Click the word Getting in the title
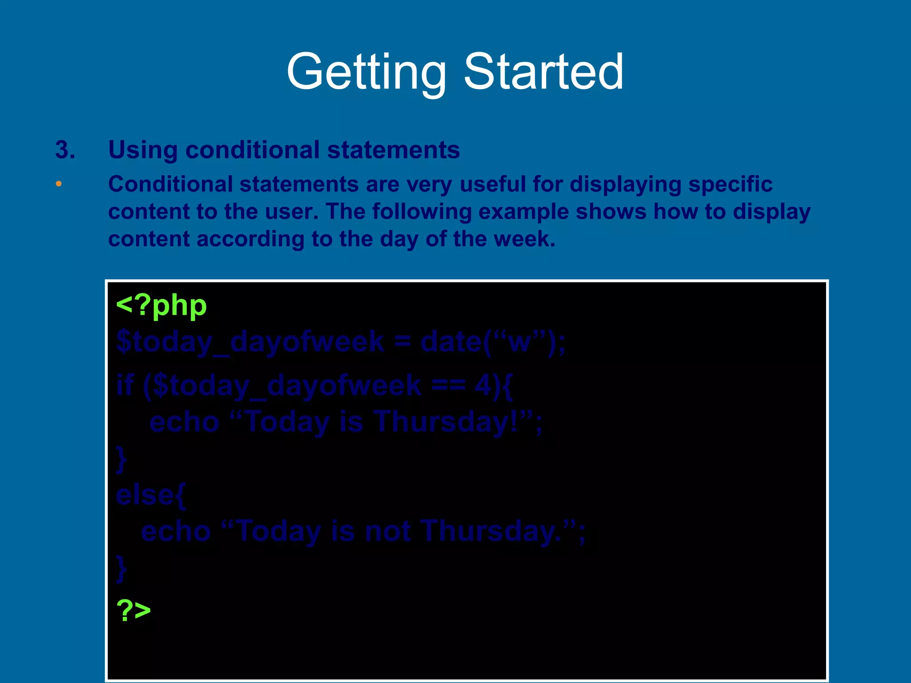(x=366, y=72)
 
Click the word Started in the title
(x=543, y=72)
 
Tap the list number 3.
(x=65, y=150)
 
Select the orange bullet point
(x=59, y=184)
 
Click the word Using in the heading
(x=143, y=150)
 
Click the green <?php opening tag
(x=161, y=306)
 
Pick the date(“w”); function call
(x=493, y=342)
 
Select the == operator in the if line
(x=448, y=385)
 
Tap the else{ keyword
(x=151, y=495)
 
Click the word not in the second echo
(x=387, y=531)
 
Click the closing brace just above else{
(x=121, y=459)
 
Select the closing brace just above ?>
(x=121, y=568)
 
